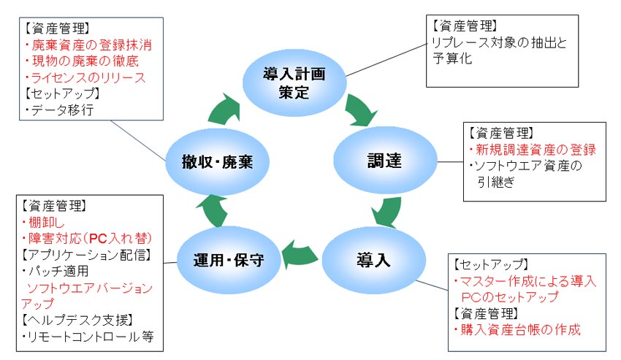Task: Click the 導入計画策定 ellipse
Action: (294, 83)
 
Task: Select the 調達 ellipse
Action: (385, 160)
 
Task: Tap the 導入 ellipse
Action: (373, 260)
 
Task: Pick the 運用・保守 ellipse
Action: (229, 260)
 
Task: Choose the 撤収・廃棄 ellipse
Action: (217, 161)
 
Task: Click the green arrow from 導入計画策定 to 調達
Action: (359, 111)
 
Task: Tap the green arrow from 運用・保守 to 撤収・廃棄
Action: (211, 211)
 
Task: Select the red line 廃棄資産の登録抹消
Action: (88, 45)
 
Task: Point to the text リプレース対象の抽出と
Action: (499, 42)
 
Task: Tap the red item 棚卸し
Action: (43, 223)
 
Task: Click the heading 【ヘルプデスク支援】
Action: (77, 320)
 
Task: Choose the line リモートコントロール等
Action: (88, 337)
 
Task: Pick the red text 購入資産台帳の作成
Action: (517, 329)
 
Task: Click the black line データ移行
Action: (59, 110)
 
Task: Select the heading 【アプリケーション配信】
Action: (86, 255)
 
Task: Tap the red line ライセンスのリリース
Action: (85, 77)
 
